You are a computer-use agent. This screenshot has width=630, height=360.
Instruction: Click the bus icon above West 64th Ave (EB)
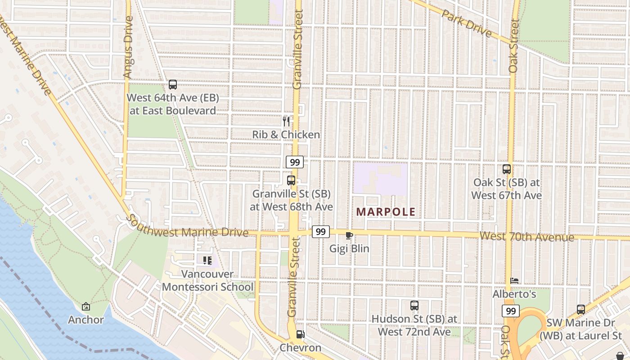coord(172,84)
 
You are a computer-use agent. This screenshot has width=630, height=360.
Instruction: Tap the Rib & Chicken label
coord(286,135)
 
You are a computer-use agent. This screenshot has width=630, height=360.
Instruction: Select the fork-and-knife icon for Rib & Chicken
coord(286,121)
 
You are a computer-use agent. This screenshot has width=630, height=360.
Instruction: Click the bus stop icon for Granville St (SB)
coord(291,180)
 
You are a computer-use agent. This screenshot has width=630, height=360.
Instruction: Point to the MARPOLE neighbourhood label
coord(386,211)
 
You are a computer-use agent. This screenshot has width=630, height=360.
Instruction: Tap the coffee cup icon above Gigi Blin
coord(349,235)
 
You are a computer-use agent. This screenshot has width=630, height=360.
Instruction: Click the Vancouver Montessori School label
coord(207,280)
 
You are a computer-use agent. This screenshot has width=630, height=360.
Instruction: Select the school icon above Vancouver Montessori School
coord(207,260)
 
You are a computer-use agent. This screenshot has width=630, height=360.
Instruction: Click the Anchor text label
coord(86,320)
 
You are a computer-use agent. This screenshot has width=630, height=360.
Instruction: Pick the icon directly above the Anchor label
coord(86,307)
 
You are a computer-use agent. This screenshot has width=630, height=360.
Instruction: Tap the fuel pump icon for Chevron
coord(300,334)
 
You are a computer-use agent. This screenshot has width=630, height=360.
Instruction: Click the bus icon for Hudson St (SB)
coord(414,306)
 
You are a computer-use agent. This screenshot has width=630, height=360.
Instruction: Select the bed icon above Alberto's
coord(514,281)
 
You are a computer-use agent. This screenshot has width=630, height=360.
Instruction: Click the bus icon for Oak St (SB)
coord(507,169)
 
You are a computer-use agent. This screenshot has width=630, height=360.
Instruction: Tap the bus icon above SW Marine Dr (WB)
coord(581,310)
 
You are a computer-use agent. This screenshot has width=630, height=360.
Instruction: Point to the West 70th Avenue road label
coord(526,237)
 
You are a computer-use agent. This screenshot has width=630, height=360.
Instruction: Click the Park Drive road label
coord(466,23)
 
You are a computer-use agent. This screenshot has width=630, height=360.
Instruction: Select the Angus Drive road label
coord(128,47)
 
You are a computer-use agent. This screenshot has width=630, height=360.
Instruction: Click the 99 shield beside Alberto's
coord(511,311)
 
